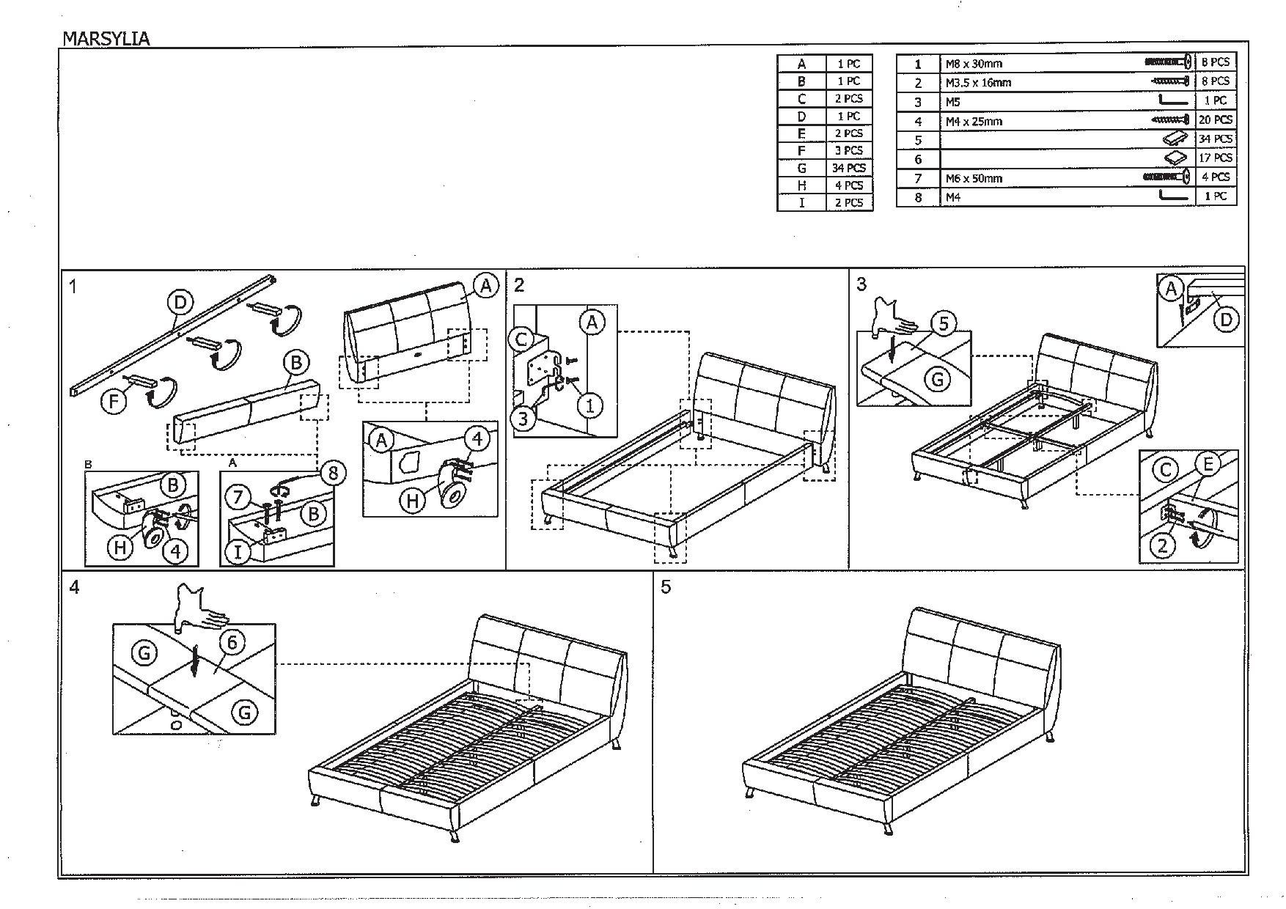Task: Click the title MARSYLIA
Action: (x=106, y=39)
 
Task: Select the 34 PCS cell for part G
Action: (x=849, y=168)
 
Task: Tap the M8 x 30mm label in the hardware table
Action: (x=973, y=64)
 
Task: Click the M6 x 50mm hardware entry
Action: (x=973, y=178)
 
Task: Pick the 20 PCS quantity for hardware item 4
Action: (x=1215, y=119)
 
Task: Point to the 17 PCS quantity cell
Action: (x=1215, y=158)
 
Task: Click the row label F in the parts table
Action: (x=801, y=150)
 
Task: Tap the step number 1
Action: (x=73, y=286)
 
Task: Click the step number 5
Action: (x=665, y=587)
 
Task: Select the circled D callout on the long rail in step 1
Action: (x=180, y=301)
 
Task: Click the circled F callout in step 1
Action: (x=114, y=401)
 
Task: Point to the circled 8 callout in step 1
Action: (x=333, y=474)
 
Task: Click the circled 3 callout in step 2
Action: (x=523, y=419)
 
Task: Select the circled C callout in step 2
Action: (x=522, y=339)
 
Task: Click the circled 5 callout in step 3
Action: (x=944, y=323)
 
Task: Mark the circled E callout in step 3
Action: (x=1207, y=464)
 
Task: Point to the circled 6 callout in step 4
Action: (x=231, y=643)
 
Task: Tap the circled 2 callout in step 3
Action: (x=1163, y=545)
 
